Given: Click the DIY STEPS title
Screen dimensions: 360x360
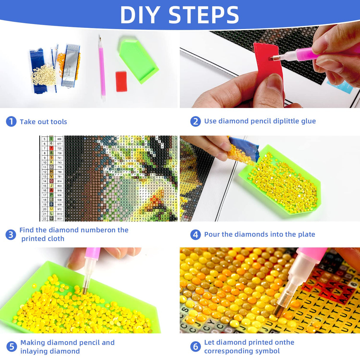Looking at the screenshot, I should (180, 15).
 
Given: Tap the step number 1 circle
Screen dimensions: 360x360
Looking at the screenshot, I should (11, 121).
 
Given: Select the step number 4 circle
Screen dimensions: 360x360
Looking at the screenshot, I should (195, 235).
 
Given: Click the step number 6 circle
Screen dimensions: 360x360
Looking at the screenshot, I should (195, 346).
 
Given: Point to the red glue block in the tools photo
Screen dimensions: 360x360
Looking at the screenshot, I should (121, 81).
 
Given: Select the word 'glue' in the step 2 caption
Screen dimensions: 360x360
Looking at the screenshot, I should (308, 121).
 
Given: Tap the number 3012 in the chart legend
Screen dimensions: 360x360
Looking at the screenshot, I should (60, 214).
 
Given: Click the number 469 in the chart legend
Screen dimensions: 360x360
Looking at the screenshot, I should (60, 139).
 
